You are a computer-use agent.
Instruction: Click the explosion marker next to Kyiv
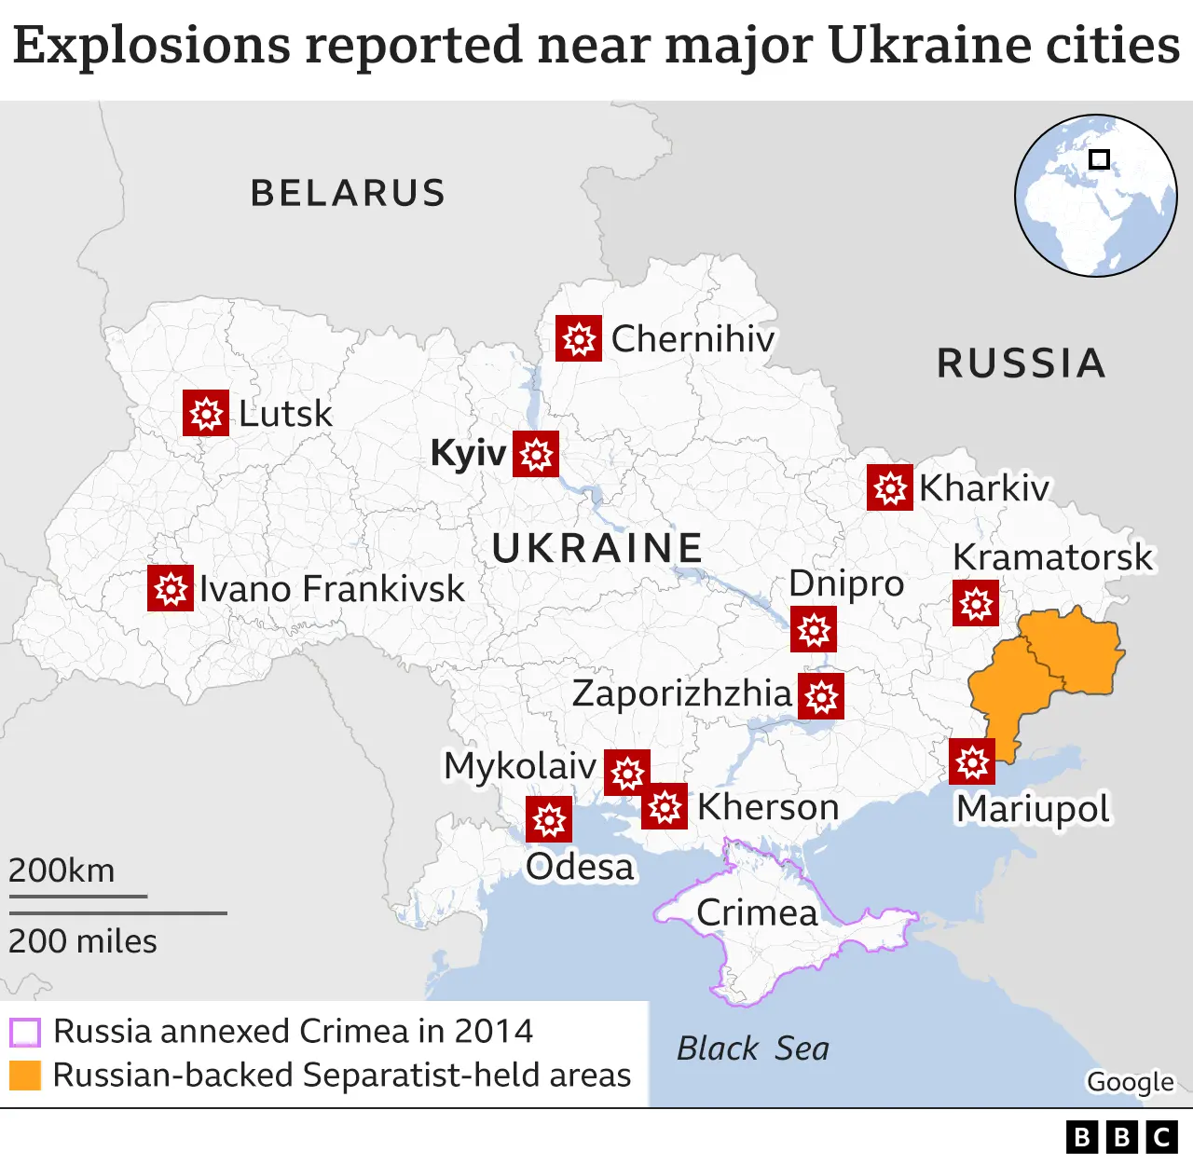536,454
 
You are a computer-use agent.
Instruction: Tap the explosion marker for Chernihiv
579,338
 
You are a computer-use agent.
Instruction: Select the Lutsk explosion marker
206,412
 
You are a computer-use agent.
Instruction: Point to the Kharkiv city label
984,487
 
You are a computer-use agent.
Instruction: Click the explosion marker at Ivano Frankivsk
171,588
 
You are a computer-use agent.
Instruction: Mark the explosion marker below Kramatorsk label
976,603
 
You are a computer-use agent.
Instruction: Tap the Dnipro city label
846,583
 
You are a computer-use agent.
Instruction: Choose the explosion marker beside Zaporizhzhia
821,696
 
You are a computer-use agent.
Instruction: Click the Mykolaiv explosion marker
627,773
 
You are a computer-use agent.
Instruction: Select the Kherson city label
768,807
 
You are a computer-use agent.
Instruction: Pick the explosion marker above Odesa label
549,819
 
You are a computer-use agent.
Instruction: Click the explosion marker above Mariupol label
972,761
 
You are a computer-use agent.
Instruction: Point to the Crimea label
757,912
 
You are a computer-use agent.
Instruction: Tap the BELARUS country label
348,193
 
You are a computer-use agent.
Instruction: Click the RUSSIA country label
1022,363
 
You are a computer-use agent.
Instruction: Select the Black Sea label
752,1048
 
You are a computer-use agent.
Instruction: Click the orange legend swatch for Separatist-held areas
25,1075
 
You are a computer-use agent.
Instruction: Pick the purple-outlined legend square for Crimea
25,1032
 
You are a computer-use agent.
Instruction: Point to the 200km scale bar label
62,870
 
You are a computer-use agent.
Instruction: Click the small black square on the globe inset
1100,159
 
